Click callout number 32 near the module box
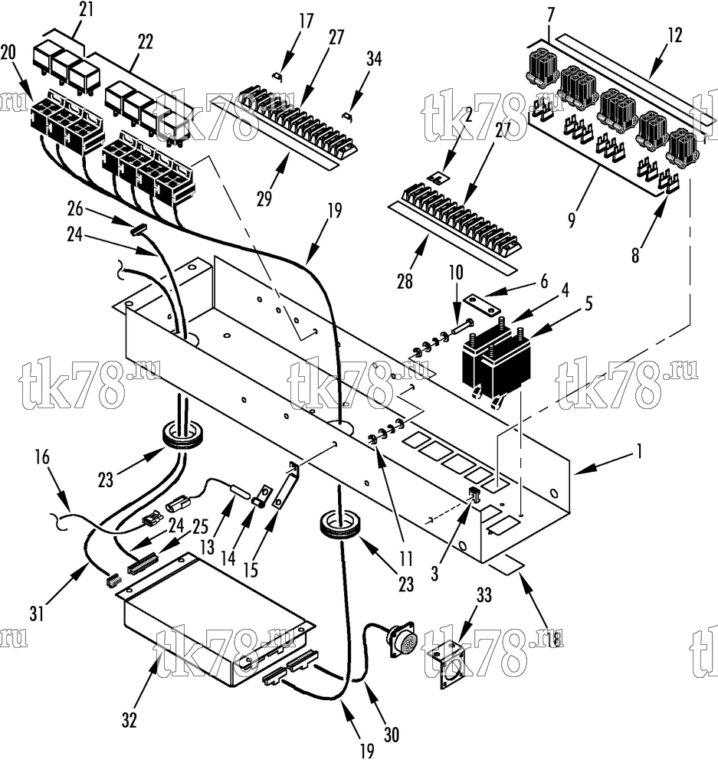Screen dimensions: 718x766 click(x=129, y=720)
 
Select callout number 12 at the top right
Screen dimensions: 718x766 click(x=674, y=35)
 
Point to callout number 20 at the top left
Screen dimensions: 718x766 click(x=8, y=52)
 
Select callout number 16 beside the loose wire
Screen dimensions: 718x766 click(x=42, y=457)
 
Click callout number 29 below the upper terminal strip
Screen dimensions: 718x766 click(x=264, y=198)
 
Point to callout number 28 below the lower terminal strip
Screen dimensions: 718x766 click(x=405, y=281)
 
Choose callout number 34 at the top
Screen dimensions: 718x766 click(x=374, y=59)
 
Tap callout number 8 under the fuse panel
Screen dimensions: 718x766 click(x=635, y=255)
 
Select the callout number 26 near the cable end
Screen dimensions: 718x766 click(x=75, y=208)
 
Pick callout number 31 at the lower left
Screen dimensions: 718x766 click(x=37, y=614)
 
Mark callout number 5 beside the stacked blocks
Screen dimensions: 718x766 click(x=588, y=303)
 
